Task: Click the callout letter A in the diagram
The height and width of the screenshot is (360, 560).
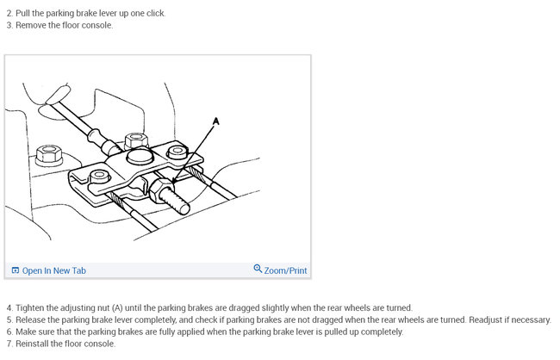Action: click(x=215, y=121)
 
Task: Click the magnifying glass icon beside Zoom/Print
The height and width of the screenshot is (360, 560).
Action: click(x=258, y=268)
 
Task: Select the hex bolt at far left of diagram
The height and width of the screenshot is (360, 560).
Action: click(x=49, y=155)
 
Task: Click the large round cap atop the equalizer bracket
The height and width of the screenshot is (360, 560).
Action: click(x=140, y=157)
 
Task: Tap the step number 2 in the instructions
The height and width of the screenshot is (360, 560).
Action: click(x=9, y=14)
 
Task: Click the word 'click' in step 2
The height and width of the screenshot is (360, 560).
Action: click(x=156, y=14)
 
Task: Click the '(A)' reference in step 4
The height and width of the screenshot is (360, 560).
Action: click(x=117, y=307)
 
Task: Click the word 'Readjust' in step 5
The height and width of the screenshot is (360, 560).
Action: click(x=485, y=320)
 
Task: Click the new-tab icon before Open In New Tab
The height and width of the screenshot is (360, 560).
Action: click(x=16, y=270)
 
